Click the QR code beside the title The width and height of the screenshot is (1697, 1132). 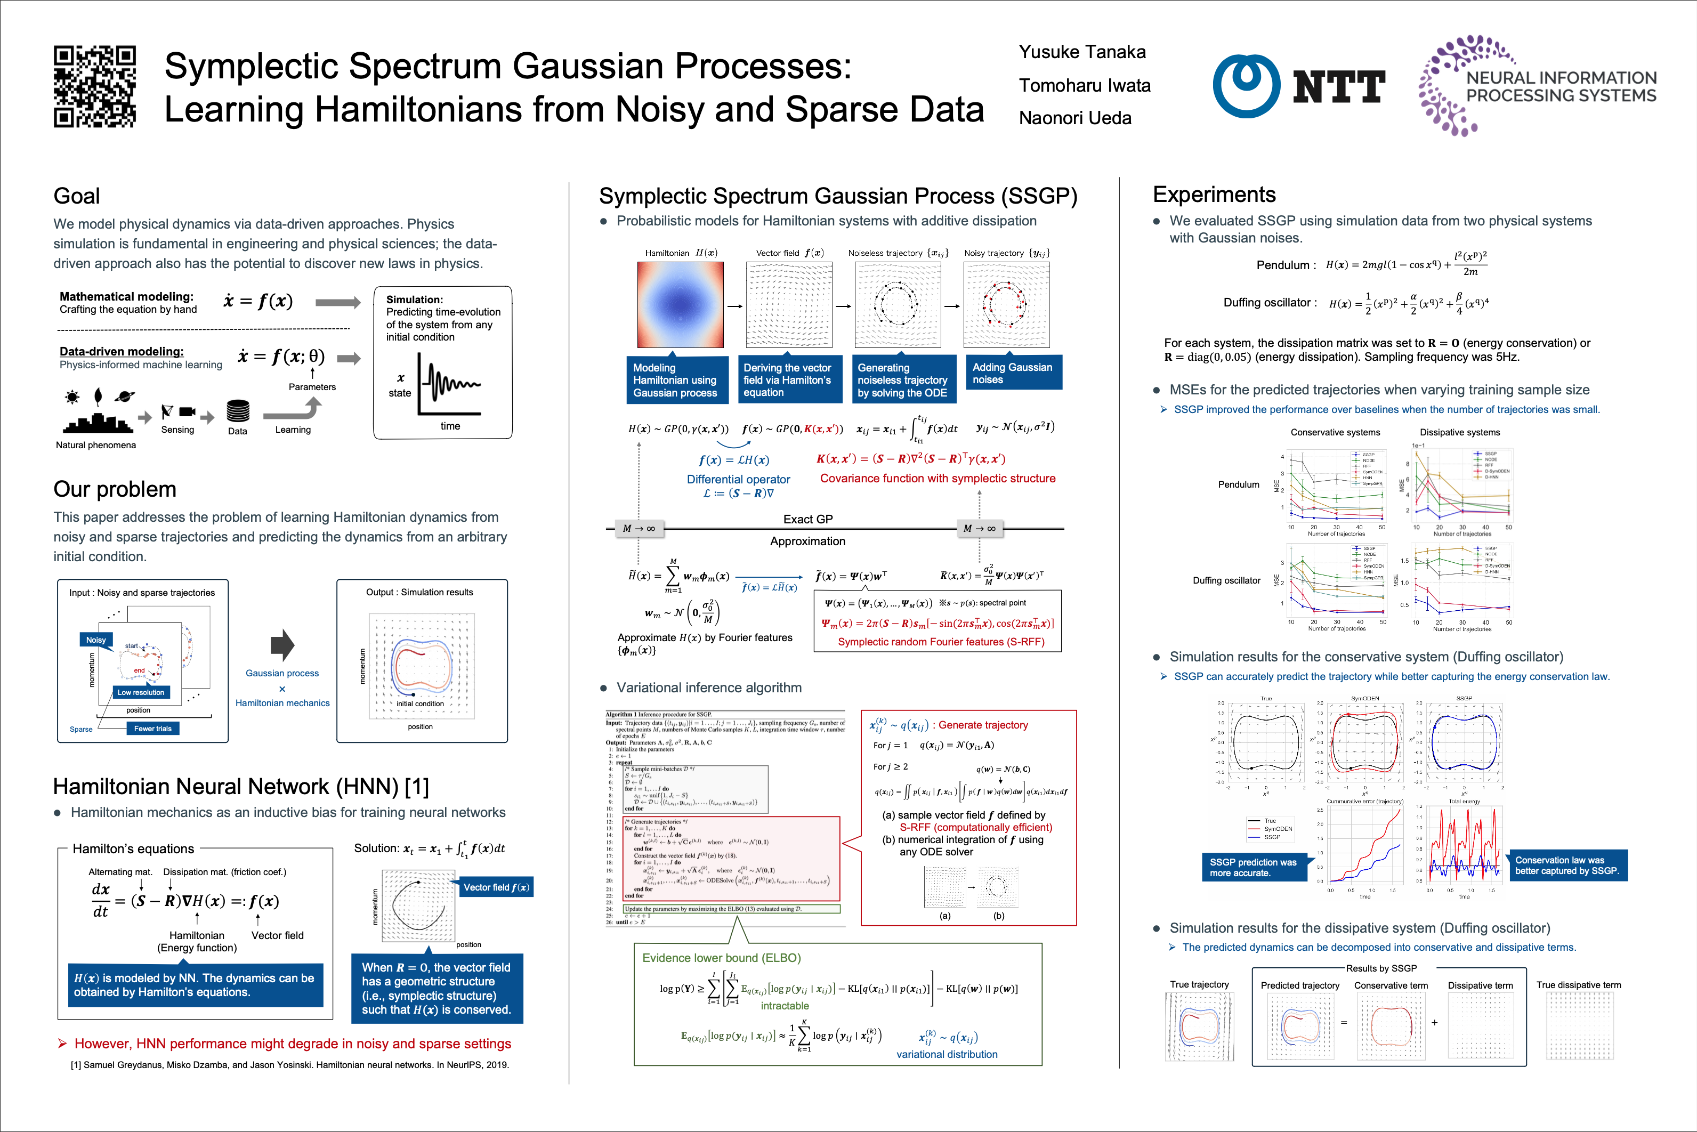94,87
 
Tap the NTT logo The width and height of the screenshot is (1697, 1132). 1298,87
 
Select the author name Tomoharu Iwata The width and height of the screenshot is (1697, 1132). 1084,85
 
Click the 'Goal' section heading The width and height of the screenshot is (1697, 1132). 77,196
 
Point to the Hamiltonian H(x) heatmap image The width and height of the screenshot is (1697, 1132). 680,305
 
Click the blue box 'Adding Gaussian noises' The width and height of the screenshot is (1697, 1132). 1012,373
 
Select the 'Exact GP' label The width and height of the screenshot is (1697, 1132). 807,519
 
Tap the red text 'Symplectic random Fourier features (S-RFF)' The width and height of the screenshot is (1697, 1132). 941,642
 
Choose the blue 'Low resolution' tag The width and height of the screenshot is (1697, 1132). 141,692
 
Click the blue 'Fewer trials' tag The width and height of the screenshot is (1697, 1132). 152,729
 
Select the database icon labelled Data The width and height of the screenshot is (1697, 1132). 238,411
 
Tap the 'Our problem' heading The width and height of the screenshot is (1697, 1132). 115,489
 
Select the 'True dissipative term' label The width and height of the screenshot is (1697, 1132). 1578,985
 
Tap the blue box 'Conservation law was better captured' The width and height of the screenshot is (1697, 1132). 1567,865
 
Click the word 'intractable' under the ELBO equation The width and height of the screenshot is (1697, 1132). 785,1006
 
